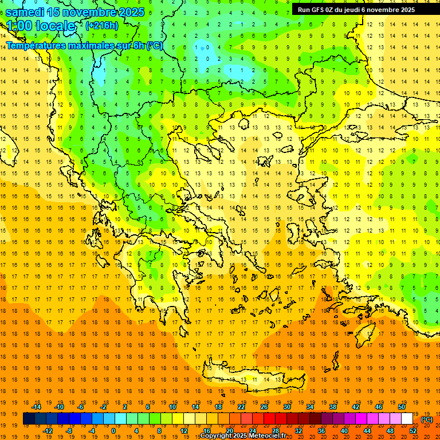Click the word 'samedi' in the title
pos(25,12)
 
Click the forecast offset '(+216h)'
pos(102,26)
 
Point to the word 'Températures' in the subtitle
pos(34,45)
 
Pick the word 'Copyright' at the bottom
pos(217,436)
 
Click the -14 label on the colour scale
pos(36,407)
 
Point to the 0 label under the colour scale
pos(113,431)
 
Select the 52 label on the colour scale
pos(413,431)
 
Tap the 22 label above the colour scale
pos(241,407)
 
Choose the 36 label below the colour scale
pos(321,431)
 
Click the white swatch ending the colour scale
pos(407,419)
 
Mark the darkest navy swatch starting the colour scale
pos(29,419)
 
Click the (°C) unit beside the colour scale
pos(427,419)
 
